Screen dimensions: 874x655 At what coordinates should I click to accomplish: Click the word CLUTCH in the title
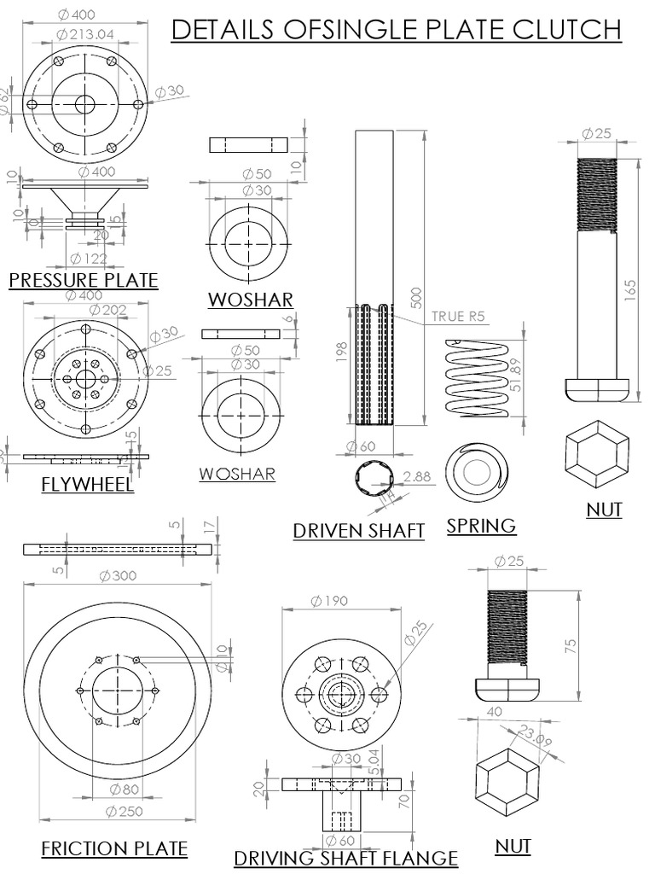point(567,30)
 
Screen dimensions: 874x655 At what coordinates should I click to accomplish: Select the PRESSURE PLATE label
point(83,280)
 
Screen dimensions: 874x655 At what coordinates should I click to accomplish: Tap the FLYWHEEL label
point(87,485)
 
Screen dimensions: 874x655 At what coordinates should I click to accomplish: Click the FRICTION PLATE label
point(114,848)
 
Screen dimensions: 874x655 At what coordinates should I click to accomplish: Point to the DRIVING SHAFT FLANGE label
point(345,857)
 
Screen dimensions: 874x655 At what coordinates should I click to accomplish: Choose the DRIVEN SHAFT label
point(358,530)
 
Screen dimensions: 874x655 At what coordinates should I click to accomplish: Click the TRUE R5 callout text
point(458,316)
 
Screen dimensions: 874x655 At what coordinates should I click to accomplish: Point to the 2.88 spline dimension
point(417,475)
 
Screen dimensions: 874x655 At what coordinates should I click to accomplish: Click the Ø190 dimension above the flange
point(329,602)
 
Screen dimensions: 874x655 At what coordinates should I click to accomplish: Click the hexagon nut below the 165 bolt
point(598,452)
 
